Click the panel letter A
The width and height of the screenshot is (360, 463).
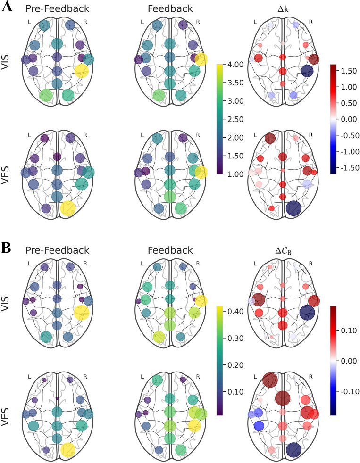7,8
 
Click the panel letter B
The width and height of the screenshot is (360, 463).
7,248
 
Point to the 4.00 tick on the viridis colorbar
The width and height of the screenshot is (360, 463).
237,64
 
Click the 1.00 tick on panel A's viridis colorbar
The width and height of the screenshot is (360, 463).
237,174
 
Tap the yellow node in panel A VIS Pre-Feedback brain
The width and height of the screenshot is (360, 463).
82,71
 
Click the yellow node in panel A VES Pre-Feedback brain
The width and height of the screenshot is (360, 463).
68,207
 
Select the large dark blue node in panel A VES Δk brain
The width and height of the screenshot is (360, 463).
293,208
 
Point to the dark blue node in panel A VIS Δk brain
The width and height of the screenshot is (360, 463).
307,71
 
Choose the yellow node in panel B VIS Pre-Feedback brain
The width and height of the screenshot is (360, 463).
82,313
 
